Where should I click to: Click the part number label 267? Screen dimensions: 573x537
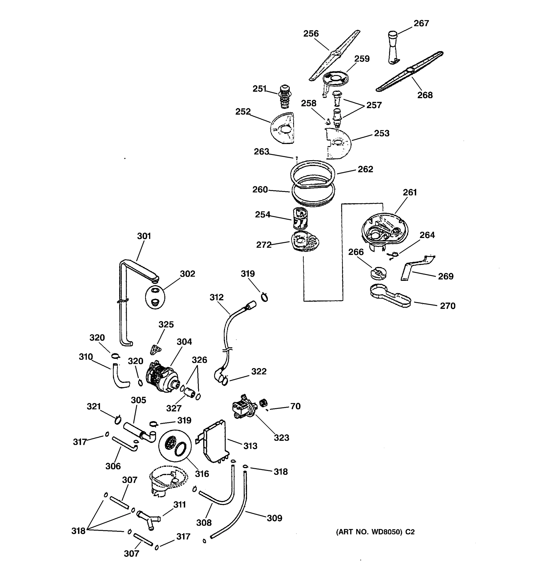(x=421, y=23)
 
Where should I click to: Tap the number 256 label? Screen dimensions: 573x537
(x=311, y=34)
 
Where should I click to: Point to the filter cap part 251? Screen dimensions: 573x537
(x=285, y=96)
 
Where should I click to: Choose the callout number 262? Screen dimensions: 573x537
(x=365, y=169)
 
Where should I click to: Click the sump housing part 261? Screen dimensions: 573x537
(x=384, y=229)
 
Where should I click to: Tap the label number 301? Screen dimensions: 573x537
(x=144, y=236)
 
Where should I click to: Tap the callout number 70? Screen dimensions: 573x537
(x=295, y=406)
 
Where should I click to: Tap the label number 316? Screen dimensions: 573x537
(x=202, y=474)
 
